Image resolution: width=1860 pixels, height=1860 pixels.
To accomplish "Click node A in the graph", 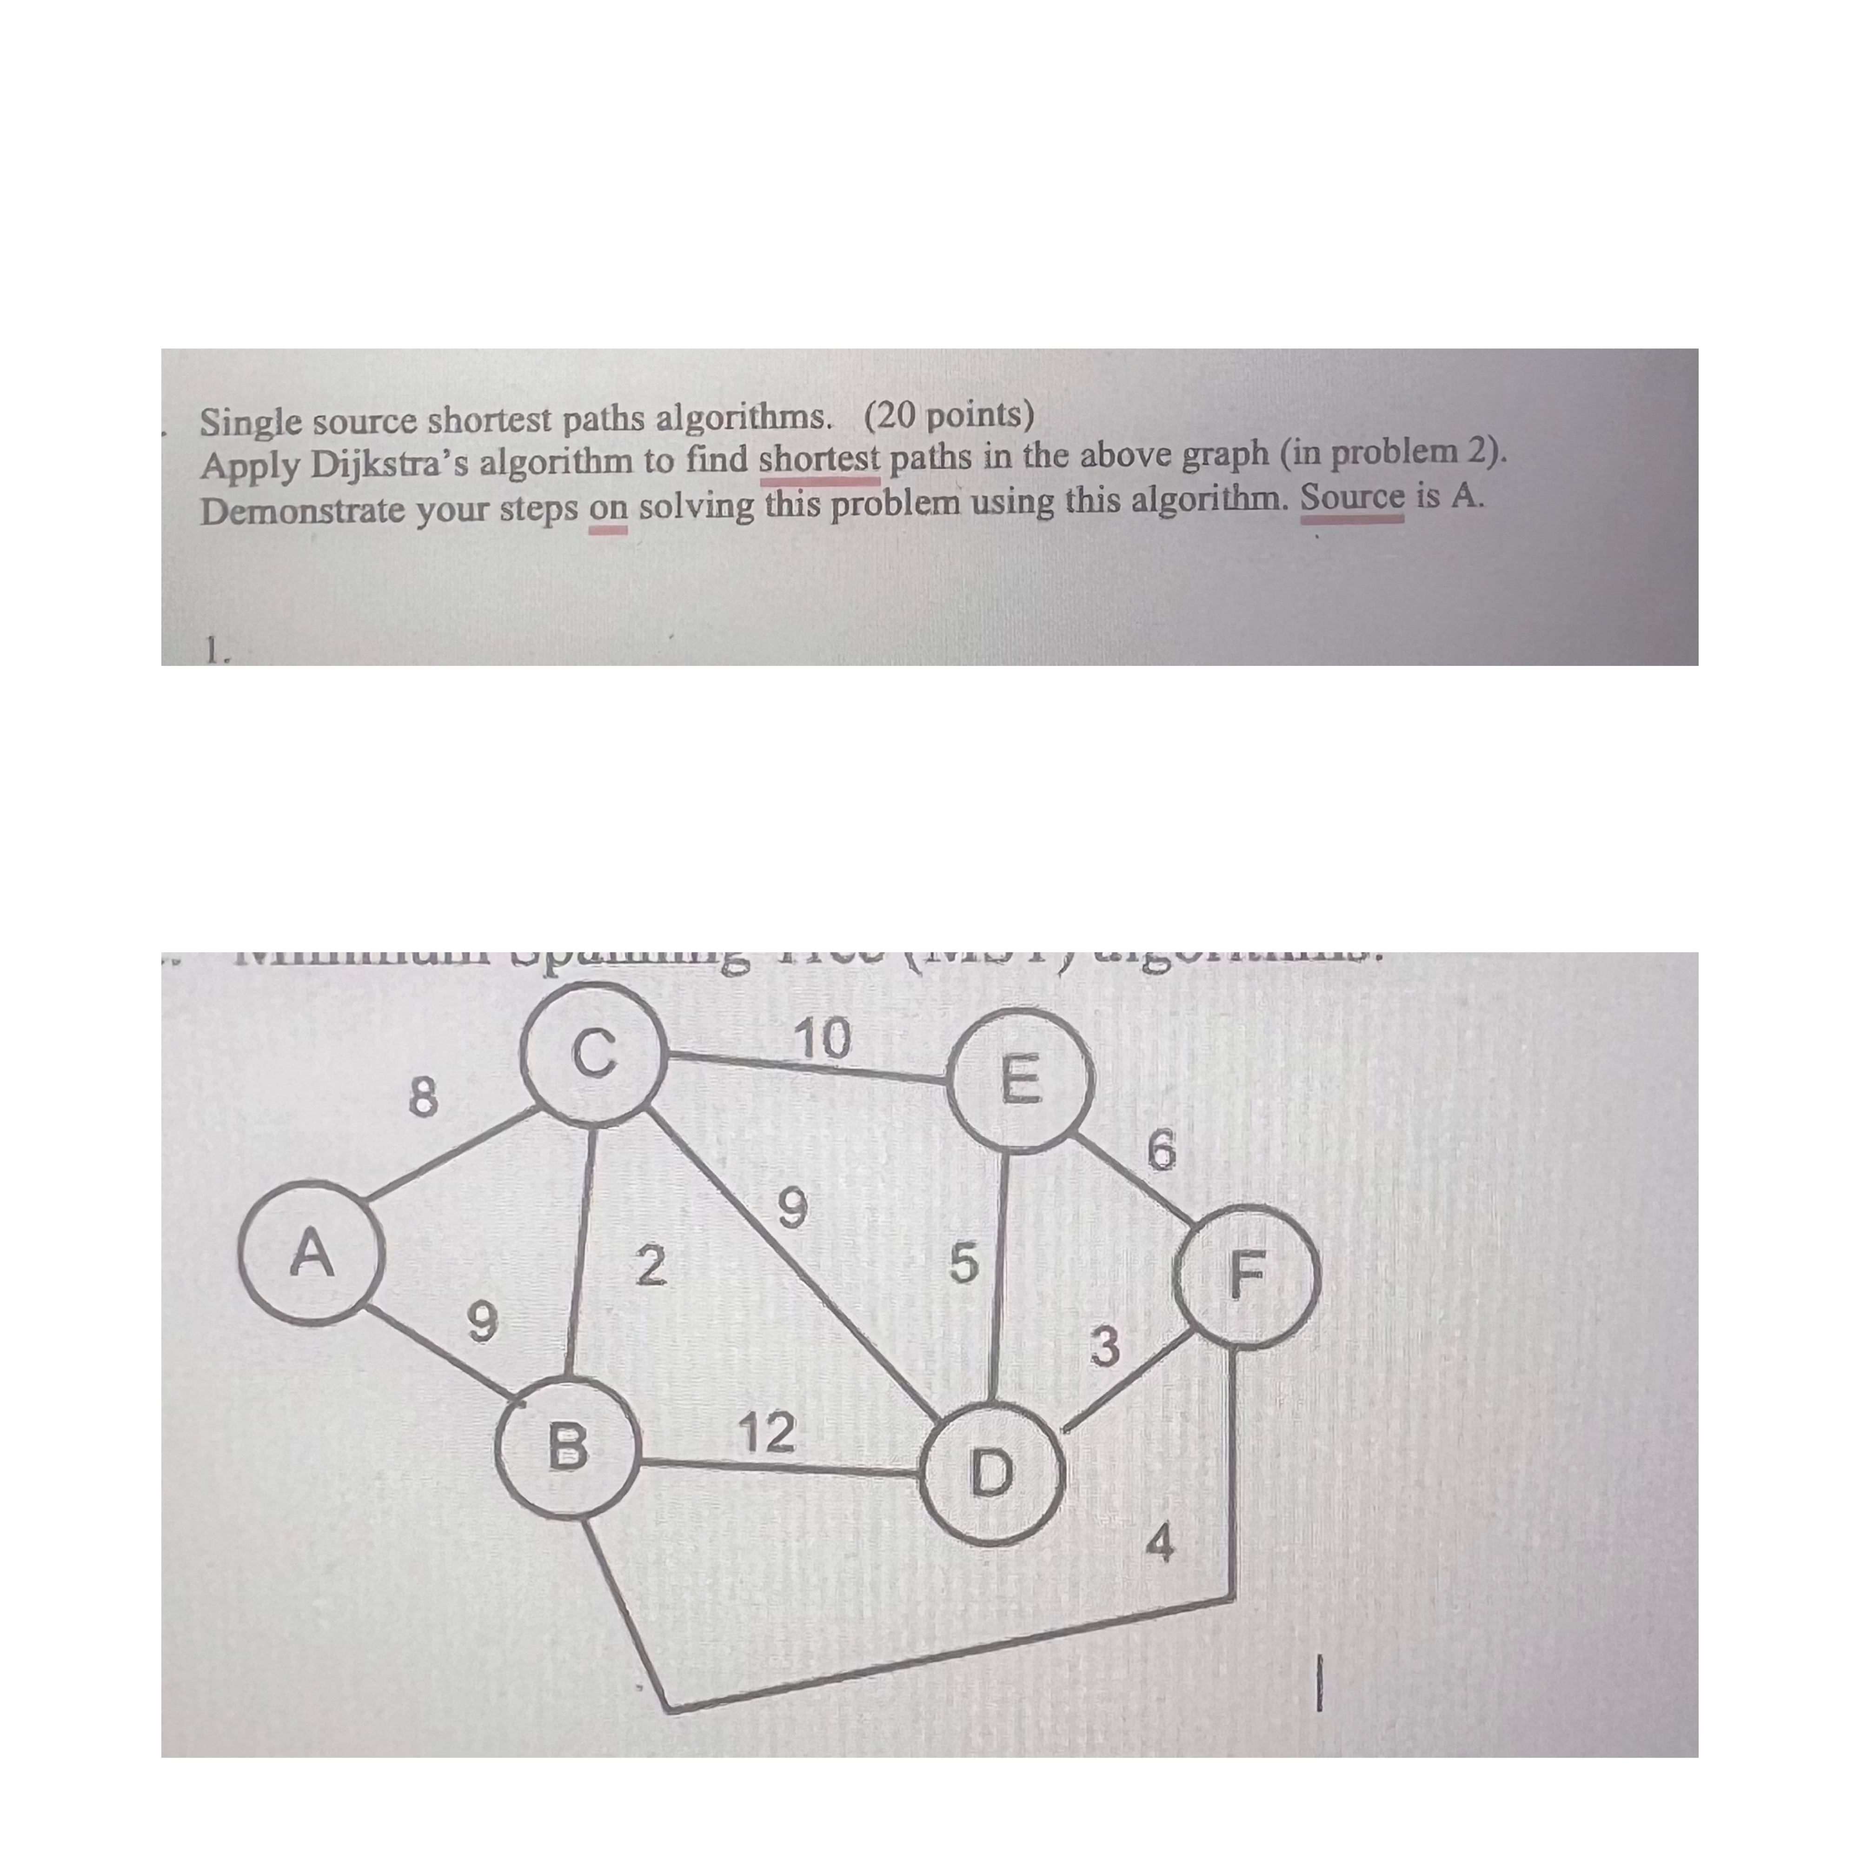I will [311, 1254].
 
